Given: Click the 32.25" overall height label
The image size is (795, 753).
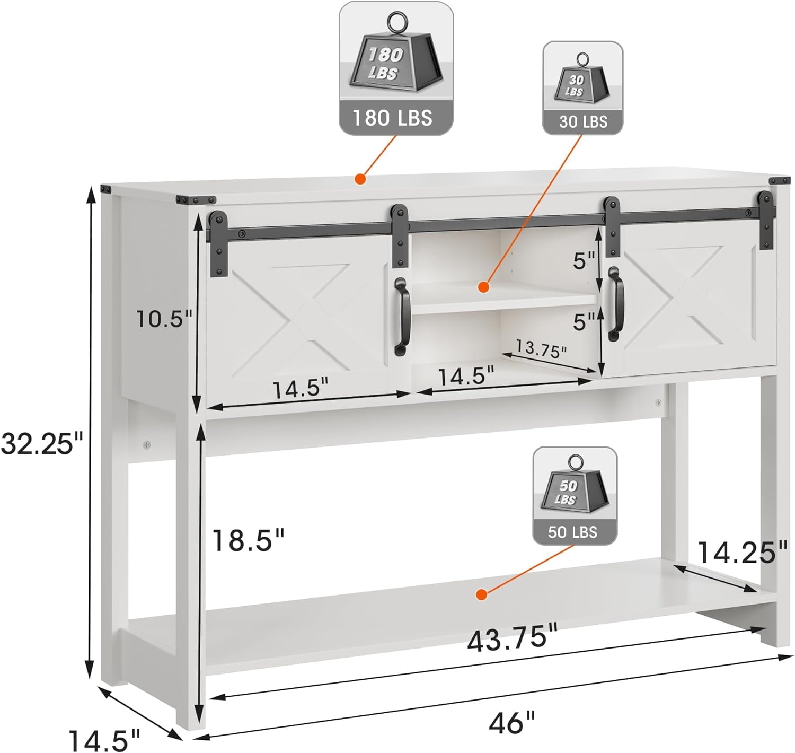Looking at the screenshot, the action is (x=42, y=443).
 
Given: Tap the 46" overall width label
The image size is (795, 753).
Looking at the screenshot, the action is (x=511, y=723).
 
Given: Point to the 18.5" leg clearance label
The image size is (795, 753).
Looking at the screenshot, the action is (x=248, y=540).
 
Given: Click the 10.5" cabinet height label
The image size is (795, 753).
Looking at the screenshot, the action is (x=164, y=319).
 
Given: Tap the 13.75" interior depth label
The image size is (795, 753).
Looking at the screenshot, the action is (x=541, y=349).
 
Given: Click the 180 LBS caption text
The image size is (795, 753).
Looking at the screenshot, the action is (x=392, y=118).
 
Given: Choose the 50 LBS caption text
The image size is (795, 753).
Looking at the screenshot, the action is (x=572, y=532).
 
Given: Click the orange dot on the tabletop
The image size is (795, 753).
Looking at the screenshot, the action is (x=360, y=179).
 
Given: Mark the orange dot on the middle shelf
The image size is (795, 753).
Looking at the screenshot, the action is (x=483, y=287).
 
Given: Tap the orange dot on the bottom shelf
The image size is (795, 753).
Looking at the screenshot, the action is (x=481, y=594).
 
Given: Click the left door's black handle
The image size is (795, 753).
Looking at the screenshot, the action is (x=402, y=317).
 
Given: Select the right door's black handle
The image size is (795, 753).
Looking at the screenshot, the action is (x=615, y=304).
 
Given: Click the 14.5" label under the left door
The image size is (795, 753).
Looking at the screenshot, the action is (x=301, y=390).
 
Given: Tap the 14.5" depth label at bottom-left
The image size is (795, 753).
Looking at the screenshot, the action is (x=104, y=740).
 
